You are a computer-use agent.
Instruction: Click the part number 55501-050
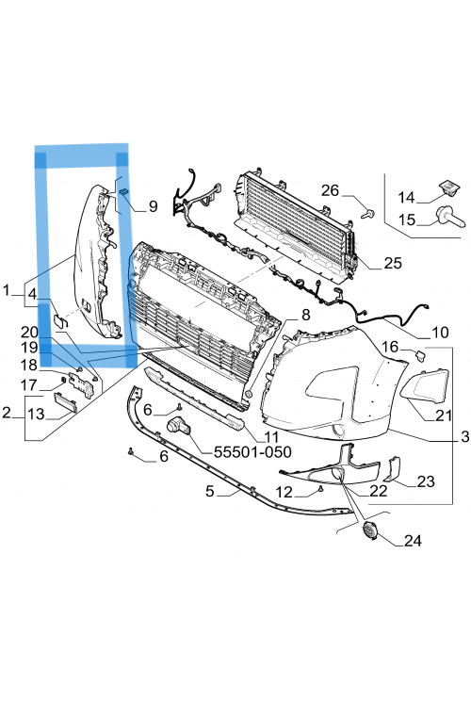pos(252,452)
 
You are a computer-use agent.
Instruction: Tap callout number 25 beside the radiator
pos(393,263)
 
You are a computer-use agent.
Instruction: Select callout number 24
pos(413,541)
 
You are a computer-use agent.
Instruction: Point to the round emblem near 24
pos(368,530)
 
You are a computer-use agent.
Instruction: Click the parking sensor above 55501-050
pos(179,426)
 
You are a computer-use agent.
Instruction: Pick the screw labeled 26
pos(367,213)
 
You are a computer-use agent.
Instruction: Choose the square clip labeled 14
pos(448,187)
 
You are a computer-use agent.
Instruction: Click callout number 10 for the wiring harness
pos(440,333)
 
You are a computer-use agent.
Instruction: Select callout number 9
pos(153,206)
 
